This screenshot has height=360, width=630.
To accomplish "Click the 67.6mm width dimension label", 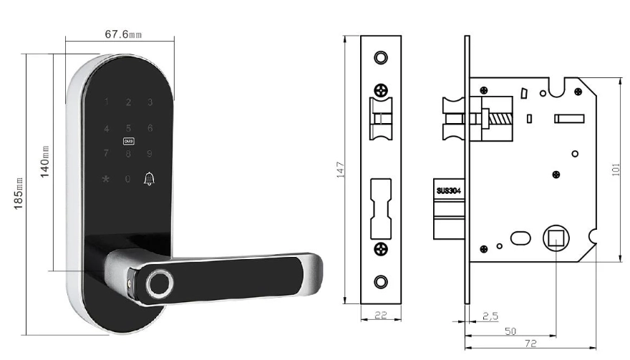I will coord(123,35).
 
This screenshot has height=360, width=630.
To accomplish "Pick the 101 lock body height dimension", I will coord(617,169).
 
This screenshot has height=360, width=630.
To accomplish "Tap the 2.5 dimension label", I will coord(490,315).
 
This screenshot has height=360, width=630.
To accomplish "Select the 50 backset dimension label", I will coord(510,331).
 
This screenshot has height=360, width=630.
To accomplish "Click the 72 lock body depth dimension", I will coord(530,344).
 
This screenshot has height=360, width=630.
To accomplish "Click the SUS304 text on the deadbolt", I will coord(450,191).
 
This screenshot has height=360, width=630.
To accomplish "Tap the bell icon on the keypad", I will coord(150,178).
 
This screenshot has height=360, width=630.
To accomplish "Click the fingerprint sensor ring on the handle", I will coord(157,283).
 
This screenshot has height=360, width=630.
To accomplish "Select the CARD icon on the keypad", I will coord(128,142).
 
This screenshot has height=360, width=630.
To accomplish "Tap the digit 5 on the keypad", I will coord(128,128).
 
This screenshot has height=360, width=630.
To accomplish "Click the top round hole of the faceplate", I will coord(381,57).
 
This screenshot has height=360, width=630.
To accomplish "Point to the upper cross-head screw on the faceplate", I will coord(381,91).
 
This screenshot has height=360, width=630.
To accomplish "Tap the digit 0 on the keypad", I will coord(128,179).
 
